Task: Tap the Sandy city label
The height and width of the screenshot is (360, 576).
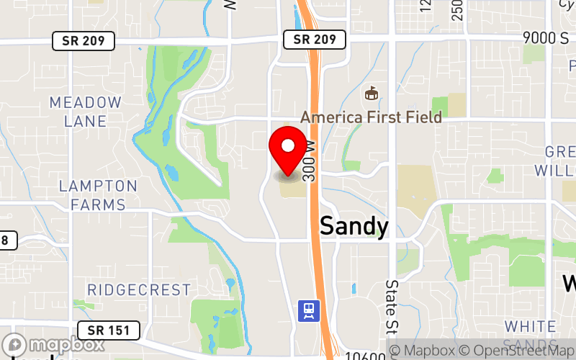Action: (354, 226)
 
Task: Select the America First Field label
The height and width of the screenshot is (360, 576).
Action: (371, 117)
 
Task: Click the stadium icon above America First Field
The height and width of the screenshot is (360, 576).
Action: (372, 94)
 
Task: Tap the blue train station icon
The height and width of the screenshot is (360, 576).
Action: (309, 310)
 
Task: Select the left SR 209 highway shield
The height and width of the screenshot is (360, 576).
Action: (84, 40)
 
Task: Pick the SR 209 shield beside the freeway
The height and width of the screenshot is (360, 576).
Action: (314, 39)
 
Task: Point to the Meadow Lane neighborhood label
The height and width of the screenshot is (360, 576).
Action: (85, 112)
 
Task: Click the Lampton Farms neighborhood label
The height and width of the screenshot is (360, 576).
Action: (98, 195)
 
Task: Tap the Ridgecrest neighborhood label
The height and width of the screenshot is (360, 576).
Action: (139, 290)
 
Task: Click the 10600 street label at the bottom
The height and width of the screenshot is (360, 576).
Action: (361, 355)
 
